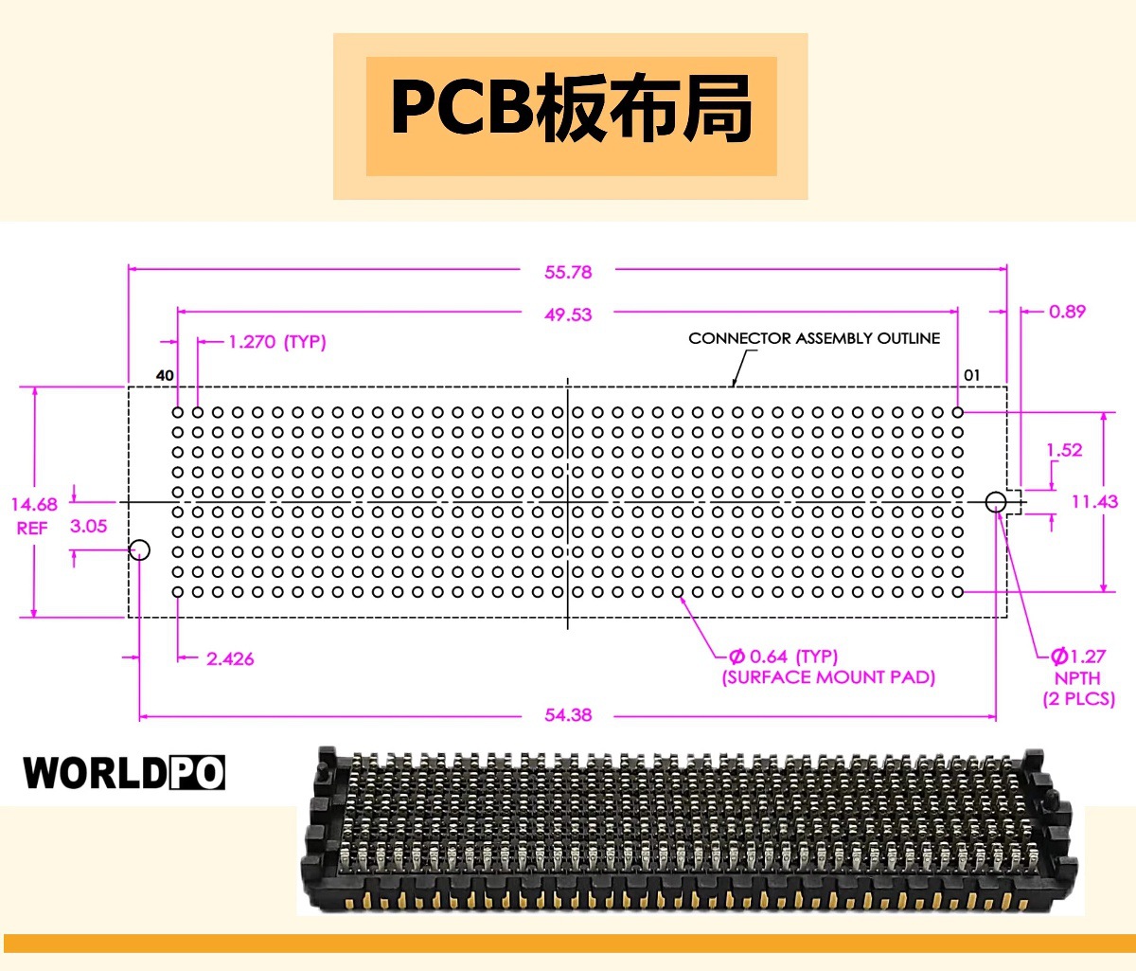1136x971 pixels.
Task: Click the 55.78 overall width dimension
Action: click(568, 272)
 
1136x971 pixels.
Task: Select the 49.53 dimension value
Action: click(568, 315)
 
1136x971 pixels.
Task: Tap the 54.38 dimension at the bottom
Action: click(568, 715)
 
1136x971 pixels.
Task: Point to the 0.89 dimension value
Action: click(1067, 312)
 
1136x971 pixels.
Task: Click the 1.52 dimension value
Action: click(1064, 450)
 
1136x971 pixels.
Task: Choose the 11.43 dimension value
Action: click(1094, 501)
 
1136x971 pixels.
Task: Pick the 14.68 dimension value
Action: click(34, 504)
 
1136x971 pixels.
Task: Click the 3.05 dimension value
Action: click(88, 526)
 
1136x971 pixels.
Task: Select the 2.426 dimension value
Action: click(230, 658)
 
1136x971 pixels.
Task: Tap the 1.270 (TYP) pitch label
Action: click(277, 342)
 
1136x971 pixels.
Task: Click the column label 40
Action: click(165, 375)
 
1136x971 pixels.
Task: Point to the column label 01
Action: click(971, 375)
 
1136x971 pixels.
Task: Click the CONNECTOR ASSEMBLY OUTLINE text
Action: click(814, 338)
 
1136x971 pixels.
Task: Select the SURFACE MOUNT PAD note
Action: click(828, 676)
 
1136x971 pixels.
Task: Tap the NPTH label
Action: click(1077, 678)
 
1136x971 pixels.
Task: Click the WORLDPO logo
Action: click(124, 772)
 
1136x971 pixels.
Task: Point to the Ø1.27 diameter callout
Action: click(1077, 656)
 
